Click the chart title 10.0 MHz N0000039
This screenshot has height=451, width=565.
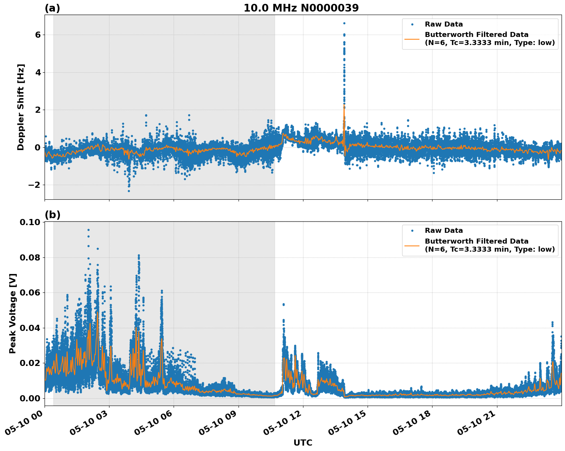(301, 8)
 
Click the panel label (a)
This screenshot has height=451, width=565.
(52, 8)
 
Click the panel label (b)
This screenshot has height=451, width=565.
(52, 215)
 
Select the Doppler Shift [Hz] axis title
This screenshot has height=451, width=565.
(21, 107)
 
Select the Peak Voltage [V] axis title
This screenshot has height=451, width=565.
(13, 313)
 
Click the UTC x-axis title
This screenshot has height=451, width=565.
(303, 443)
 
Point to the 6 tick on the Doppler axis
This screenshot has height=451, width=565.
(38, 35)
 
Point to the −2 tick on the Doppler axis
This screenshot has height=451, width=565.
(35, 185)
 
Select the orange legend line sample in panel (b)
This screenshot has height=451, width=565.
(412, 245)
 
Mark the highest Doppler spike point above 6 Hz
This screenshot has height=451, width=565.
(344, 23)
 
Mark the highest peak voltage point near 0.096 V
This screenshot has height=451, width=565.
(88, 230)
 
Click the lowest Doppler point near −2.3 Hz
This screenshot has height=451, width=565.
(129, 191)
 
